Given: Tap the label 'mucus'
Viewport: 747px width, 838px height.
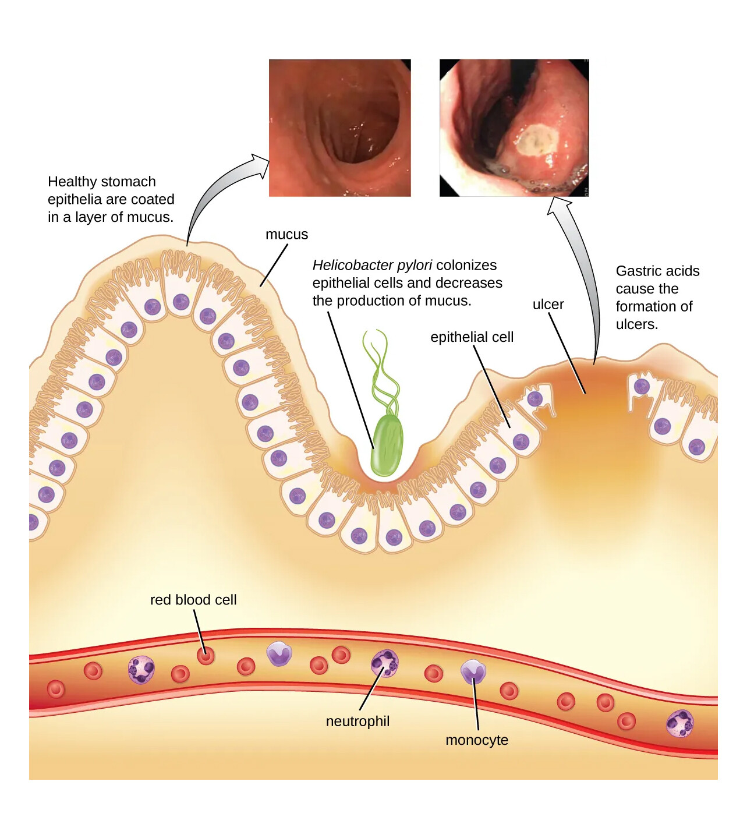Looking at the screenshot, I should [x=286, y=235].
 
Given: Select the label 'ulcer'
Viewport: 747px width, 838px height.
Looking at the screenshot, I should [x=548, y=305].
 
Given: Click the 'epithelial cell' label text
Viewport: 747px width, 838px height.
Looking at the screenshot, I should [x=472, y=337].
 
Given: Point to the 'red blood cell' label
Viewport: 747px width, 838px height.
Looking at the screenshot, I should [x=193, y=600].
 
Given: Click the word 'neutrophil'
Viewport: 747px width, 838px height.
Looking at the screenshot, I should [x=357, y=722].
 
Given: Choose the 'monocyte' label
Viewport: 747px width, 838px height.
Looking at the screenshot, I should [x=477, y=740].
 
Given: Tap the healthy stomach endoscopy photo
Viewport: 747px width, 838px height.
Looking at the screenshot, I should [x=339, y=128].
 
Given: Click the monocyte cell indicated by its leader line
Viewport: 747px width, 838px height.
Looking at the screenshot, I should [x=473, y=671].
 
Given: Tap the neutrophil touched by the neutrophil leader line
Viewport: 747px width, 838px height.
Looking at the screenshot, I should [x=385, y=663].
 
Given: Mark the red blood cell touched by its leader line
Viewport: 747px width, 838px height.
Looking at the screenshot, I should [x=205, y=656].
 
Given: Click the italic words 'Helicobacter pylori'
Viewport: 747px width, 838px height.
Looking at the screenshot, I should [x=372, y=266].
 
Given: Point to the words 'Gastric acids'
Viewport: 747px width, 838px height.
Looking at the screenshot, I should [x=657, y=271].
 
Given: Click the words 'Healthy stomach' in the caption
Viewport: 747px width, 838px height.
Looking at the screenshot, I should [x=102, y=182].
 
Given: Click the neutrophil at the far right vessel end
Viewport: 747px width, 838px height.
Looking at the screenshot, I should [x=679, y=723].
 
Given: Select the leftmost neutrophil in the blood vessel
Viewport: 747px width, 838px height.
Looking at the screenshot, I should [x=141, y=669].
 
